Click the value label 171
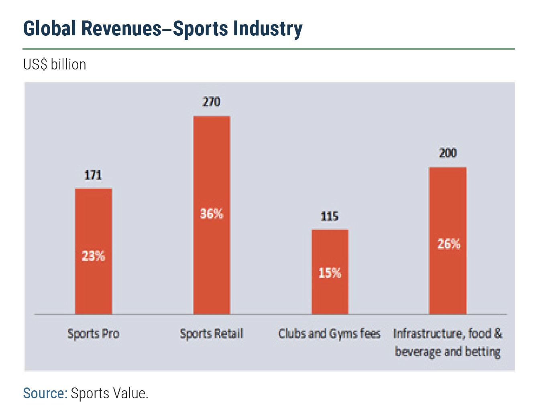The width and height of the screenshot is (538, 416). coord(93,175)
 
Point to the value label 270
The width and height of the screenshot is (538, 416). coord(212,102)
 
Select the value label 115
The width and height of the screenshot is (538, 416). coord(330,217)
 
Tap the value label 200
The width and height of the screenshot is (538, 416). coord(448,153)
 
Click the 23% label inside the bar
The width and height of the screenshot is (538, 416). coord(93,256)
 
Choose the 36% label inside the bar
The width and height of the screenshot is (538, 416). coord(212,214)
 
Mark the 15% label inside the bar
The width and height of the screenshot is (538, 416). coord(330,273)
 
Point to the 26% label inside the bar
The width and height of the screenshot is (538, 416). coord(448,244)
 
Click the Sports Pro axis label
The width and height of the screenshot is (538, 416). coord(93,334)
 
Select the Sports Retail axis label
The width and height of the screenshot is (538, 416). coord(212,334)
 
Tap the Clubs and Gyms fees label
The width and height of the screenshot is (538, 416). coord(329,334)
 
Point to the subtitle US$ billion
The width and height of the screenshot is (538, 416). coord(55,65)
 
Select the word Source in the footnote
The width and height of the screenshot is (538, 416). coord(44,394)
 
